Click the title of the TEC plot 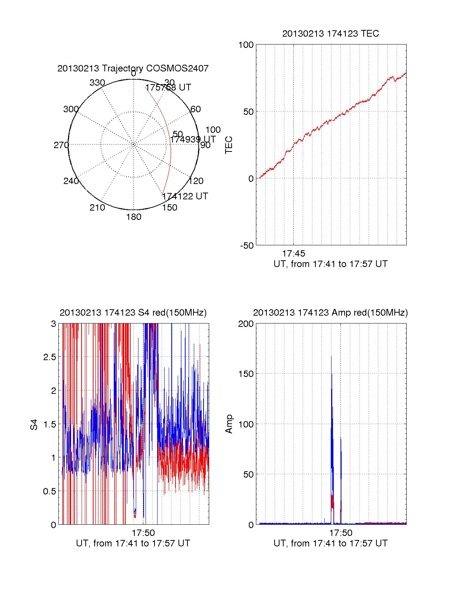[x=330, y=34]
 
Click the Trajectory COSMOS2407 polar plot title [x=133, y=68]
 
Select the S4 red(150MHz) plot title [x=133, y=313]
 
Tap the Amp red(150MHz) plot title [x=330, y=313]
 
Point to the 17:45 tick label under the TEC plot [x=293, y=254]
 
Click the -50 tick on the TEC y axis [x=247, y=246]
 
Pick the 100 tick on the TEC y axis [x=246, y=45]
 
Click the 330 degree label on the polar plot [x=97, y=83]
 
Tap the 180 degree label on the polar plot [x=134, y=217]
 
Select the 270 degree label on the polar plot [x=61, y=145]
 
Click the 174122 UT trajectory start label [x=185, y=196]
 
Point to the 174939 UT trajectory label [x=193, y=139]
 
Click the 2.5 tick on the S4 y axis [x=49, y=357]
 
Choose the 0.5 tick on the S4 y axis [x=49, y=491]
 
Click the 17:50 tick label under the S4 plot [x=143, y=533]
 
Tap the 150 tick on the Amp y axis [x=246, y=374]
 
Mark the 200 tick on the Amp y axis [x=246, y=324]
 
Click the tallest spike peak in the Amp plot [x=331, y=357]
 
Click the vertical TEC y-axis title [x=229, y=145]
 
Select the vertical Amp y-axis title [x=229, y=424]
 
